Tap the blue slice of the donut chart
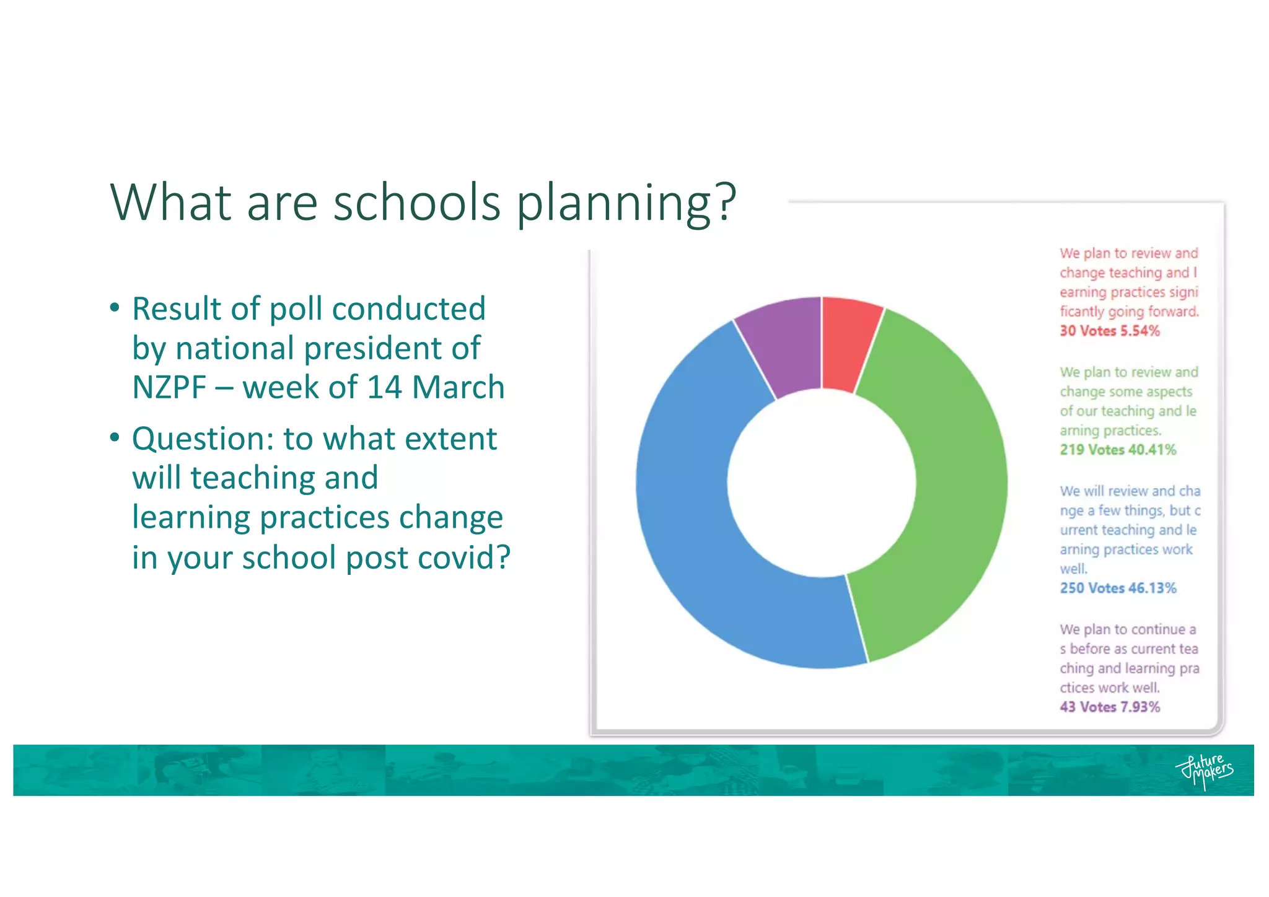click(x=694, y=527)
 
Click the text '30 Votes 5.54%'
click(x=1109, y=331)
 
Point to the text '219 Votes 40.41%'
click(x=1117, y=450)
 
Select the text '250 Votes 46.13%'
click(x=1117, y=588)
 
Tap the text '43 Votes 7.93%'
click(x=1109, y=707)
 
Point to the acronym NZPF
click(x=169, y=388)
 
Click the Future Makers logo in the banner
click(x=1203, y=771)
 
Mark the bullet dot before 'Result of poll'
click(x=115, y=308)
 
